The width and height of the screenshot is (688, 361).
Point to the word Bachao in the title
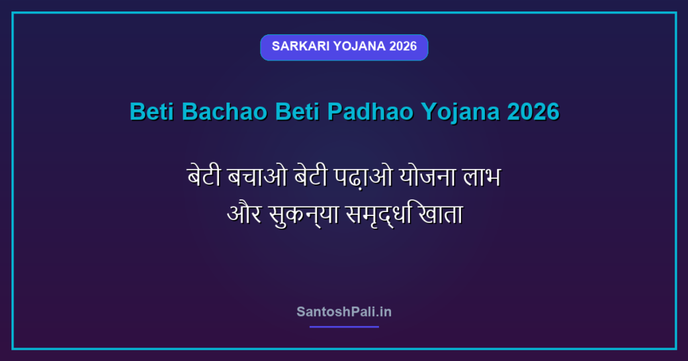[224, 111]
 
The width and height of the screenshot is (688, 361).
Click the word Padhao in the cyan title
[370, 111]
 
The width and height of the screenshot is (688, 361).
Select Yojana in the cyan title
[460, 112]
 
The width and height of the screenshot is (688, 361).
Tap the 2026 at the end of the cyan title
[533, 111]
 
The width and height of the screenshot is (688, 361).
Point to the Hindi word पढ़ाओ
[363, 176]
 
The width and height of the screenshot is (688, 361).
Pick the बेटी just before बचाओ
[204, 176]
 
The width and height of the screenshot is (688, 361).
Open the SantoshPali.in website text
[344, 312]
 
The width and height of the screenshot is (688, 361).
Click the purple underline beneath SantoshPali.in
[344, 327]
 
